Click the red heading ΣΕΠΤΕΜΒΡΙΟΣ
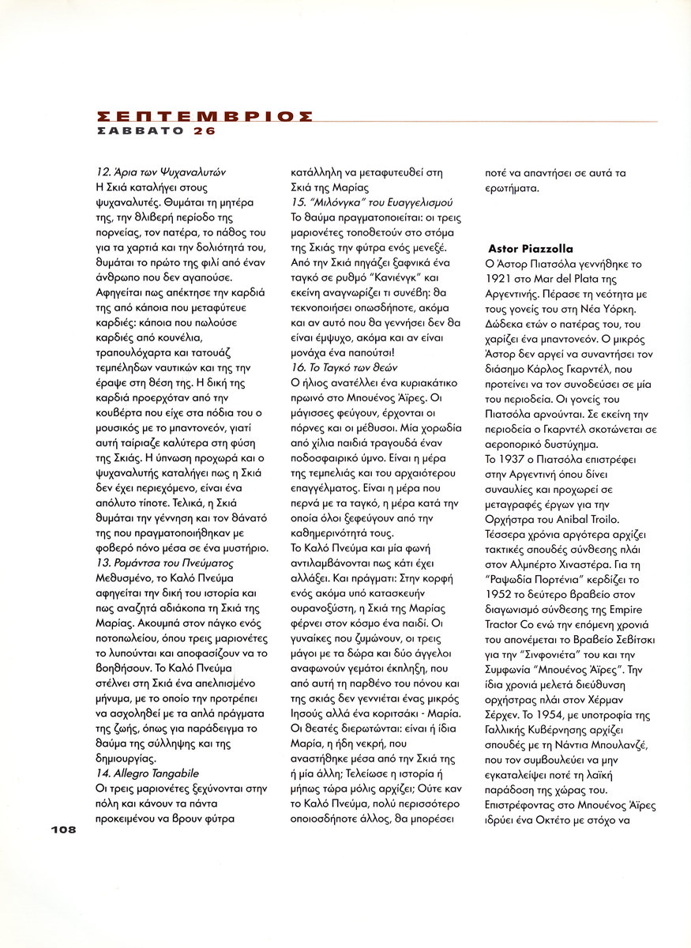(x=203, y=115)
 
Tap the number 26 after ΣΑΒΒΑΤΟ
(x=204, y=131)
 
